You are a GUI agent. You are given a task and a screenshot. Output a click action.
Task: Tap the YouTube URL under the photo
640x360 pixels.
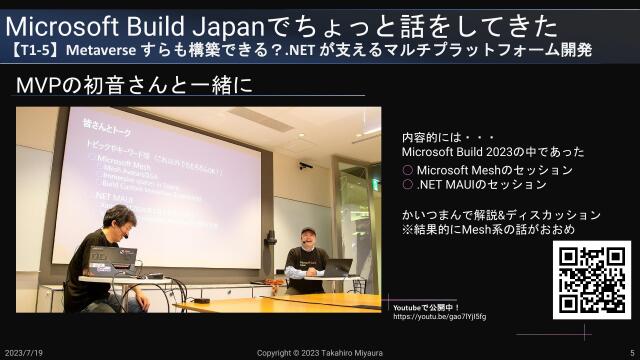click(x=439, y=316)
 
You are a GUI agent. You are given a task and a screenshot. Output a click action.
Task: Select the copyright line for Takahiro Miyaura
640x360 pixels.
click(x=320, y=353)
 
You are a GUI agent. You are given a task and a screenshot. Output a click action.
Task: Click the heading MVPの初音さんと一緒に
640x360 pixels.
click(x=134, y=87)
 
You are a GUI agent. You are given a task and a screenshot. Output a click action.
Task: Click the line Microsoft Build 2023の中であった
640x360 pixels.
click(x=493, y=152)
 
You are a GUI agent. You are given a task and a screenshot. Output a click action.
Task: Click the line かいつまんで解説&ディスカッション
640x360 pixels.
click(x=501, y=215)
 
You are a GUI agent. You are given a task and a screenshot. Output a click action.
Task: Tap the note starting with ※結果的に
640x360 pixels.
click(x=488, y=230)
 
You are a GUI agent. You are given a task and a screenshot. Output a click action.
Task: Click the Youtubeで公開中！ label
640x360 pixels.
click(x=425, y=305)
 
